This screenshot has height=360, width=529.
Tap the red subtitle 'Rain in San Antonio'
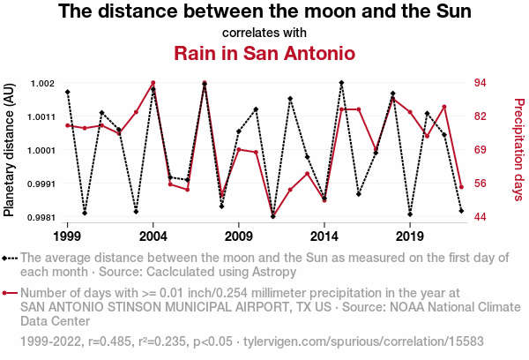point(264,53)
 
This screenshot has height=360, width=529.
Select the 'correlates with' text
point(264,34)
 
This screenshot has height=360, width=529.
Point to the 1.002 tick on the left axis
point(41,83)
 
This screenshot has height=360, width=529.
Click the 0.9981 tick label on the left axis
point(39,217)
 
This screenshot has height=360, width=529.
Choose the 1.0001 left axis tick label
point(39,150)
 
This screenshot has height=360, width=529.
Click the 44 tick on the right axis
point(476,217)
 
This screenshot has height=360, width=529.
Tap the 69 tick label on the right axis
point(476,150)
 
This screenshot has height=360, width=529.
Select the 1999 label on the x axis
point(67,236)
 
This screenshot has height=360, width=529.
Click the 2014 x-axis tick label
point(324,236)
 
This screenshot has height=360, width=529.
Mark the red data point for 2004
point(153,83)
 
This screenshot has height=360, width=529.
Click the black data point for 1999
point(67,92)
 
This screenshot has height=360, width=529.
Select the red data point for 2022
point(461,187)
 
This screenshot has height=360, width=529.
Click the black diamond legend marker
point(10,258)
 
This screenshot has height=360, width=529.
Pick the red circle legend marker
point(10,293)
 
